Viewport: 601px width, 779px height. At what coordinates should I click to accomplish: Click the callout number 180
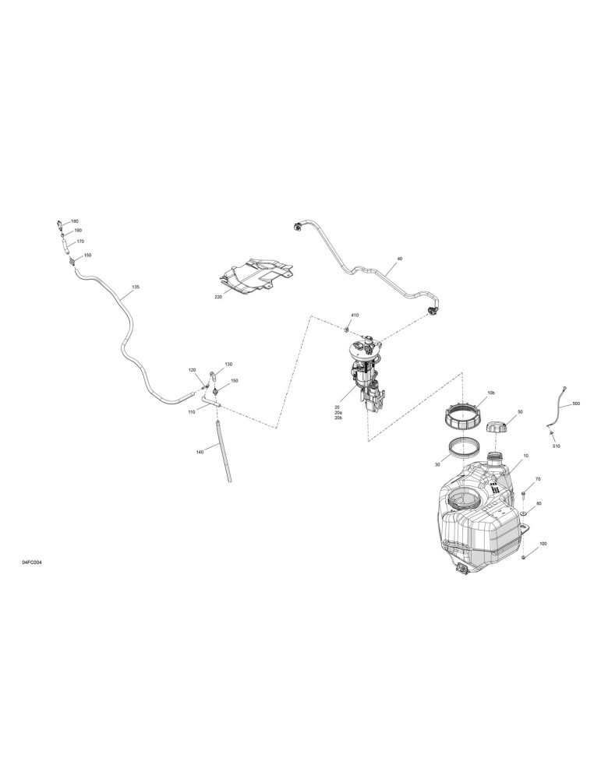click(x=75, y=221)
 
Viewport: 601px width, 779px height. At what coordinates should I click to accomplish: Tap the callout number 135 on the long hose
click(x=136, y=287)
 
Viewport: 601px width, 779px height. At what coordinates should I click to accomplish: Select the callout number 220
click(x=217, y=297)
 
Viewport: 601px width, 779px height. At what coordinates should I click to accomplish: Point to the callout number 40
click(x=400, y=259)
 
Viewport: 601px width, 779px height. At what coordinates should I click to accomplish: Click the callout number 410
click(x=355, y=315)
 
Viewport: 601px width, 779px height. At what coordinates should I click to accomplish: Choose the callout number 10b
click(x=490, y=393)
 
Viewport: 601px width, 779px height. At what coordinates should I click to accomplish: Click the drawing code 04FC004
click(x=32, y=562)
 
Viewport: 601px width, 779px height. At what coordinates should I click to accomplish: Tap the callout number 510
click(x=556, y=446)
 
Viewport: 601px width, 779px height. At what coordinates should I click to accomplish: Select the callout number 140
click(x=200, y=452)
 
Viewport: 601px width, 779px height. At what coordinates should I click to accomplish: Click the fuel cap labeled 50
click(x=497, y=427)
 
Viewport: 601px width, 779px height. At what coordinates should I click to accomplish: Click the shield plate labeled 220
click(x=256, y=275)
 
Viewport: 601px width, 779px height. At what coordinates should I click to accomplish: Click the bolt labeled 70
click(x=524, y=494)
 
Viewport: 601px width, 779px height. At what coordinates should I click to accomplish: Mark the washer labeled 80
click(x=523, y=513)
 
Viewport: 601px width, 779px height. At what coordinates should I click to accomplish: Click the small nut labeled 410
click(x=346, y=329)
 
